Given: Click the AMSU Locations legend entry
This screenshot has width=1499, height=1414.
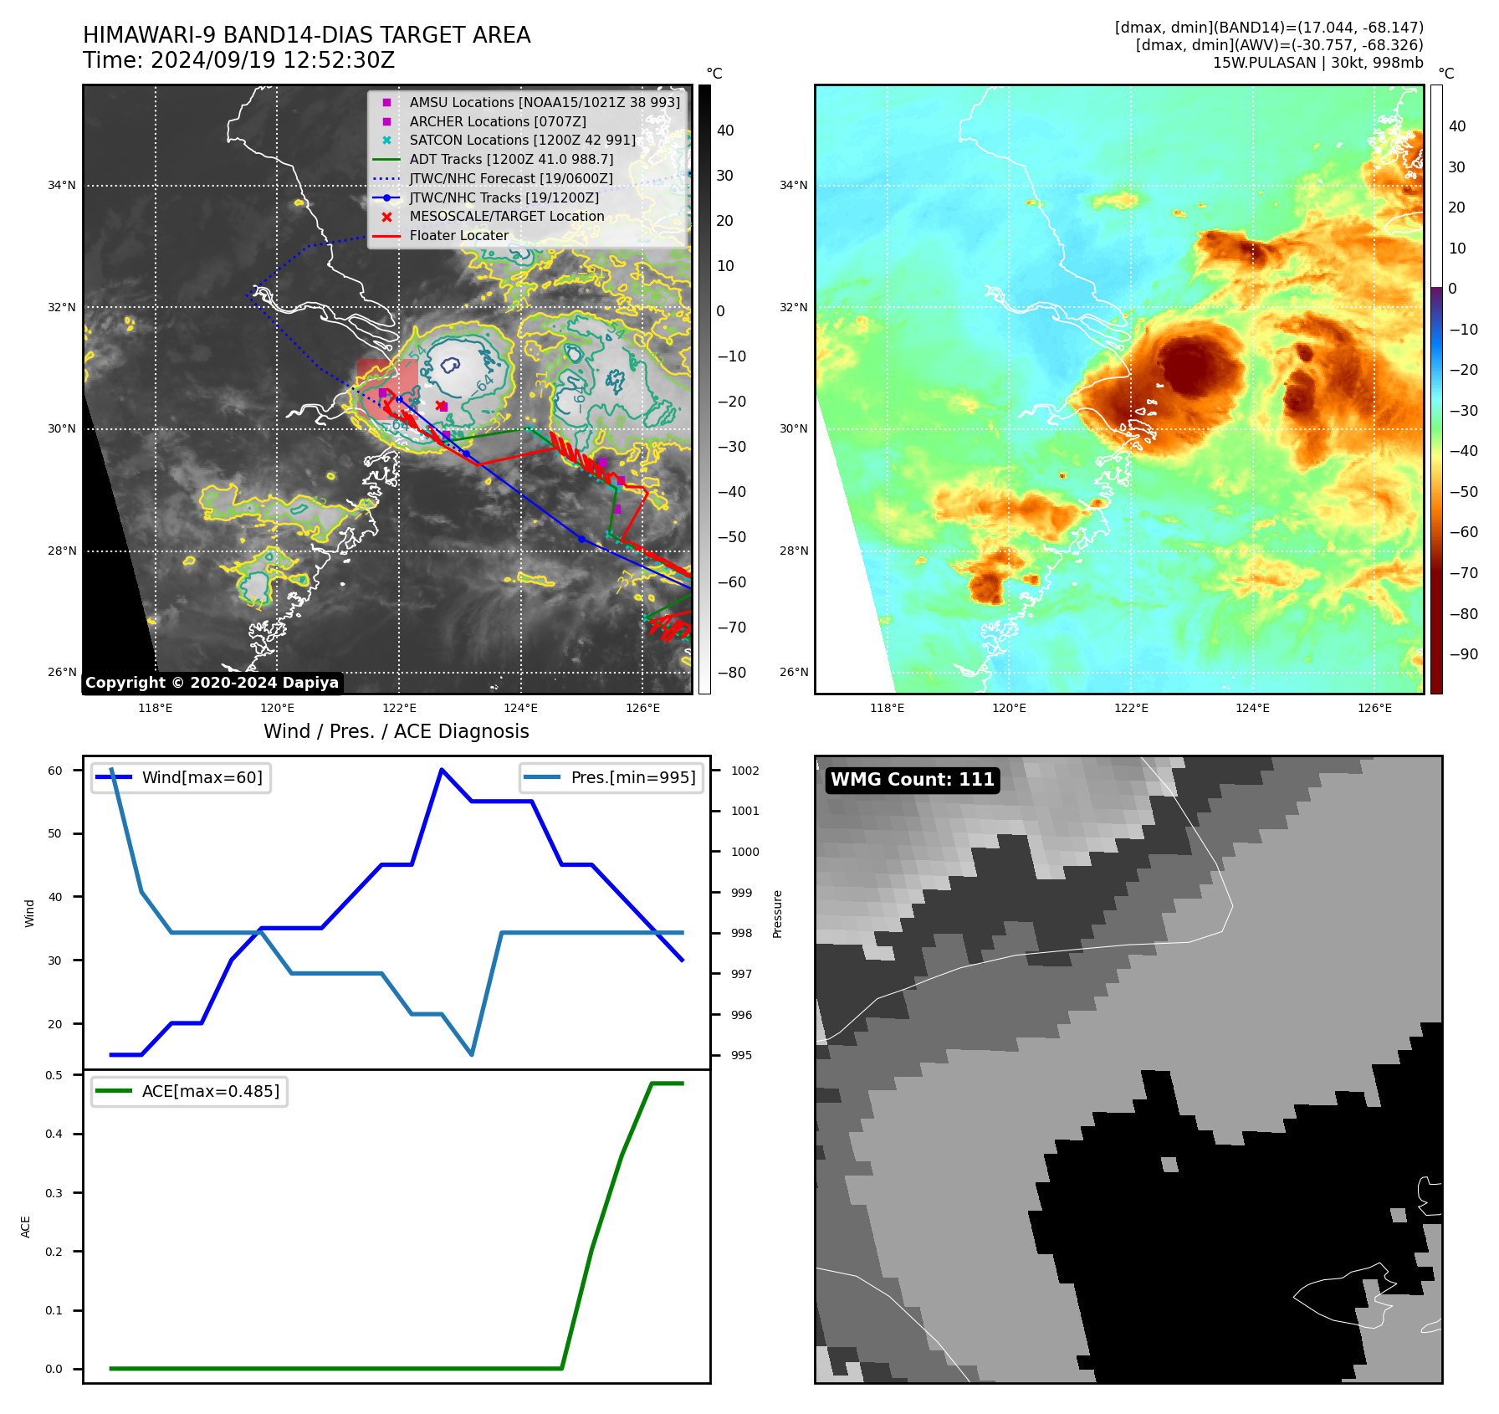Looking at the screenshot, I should (x=544, y=102).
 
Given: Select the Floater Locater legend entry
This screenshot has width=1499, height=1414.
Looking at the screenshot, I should (x=458, y=236).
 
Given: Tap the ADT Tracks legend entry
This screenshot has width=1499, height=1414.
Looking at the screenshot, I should (x=511, y=159).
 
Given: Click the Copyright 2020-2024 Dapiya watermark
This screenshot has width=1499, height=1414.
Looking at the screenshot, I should (x=212, y=683).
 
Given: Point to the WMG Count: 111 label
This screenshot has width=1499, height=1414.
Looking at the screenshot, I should (x=912, y=780).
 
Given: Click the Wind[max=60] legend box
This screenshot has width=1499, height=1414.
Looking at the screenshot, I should (x=182, y=778).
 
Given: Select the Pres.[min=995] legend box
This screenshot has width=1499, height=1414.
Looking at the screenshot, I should (x=611, y=778).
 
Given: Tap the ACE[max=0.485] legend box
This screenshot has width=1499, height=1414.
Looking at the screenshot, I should (x=190, y=1092).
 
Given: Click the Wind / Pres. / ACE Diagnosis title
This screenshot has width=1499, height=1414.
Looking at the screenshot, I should (x=396, y=731).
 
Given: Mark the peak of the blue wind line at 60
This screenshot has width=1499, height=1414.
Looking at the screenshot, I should (x=442, y=770).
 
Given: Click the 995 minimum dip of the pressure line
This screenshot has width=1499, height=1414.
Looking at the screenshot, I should (x=472, y=1054).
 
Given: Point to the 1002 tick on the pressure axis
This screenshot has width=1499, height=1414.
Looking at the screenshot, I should (x=744, y=771).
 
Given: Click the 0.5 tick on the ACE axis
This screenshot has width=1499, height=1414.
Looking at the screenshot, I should (x=54, y=1075).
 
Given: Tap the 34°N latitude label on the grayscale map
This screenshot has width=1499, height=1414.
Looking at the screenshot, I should (x=62, y=186).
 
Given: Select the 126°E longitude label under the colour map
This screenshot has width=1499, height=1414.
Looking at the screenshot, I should (x=1374, y=708).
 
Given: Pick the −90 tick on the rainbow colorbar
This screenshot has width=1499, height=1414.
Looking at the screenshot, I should (x=1463, y=654).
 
